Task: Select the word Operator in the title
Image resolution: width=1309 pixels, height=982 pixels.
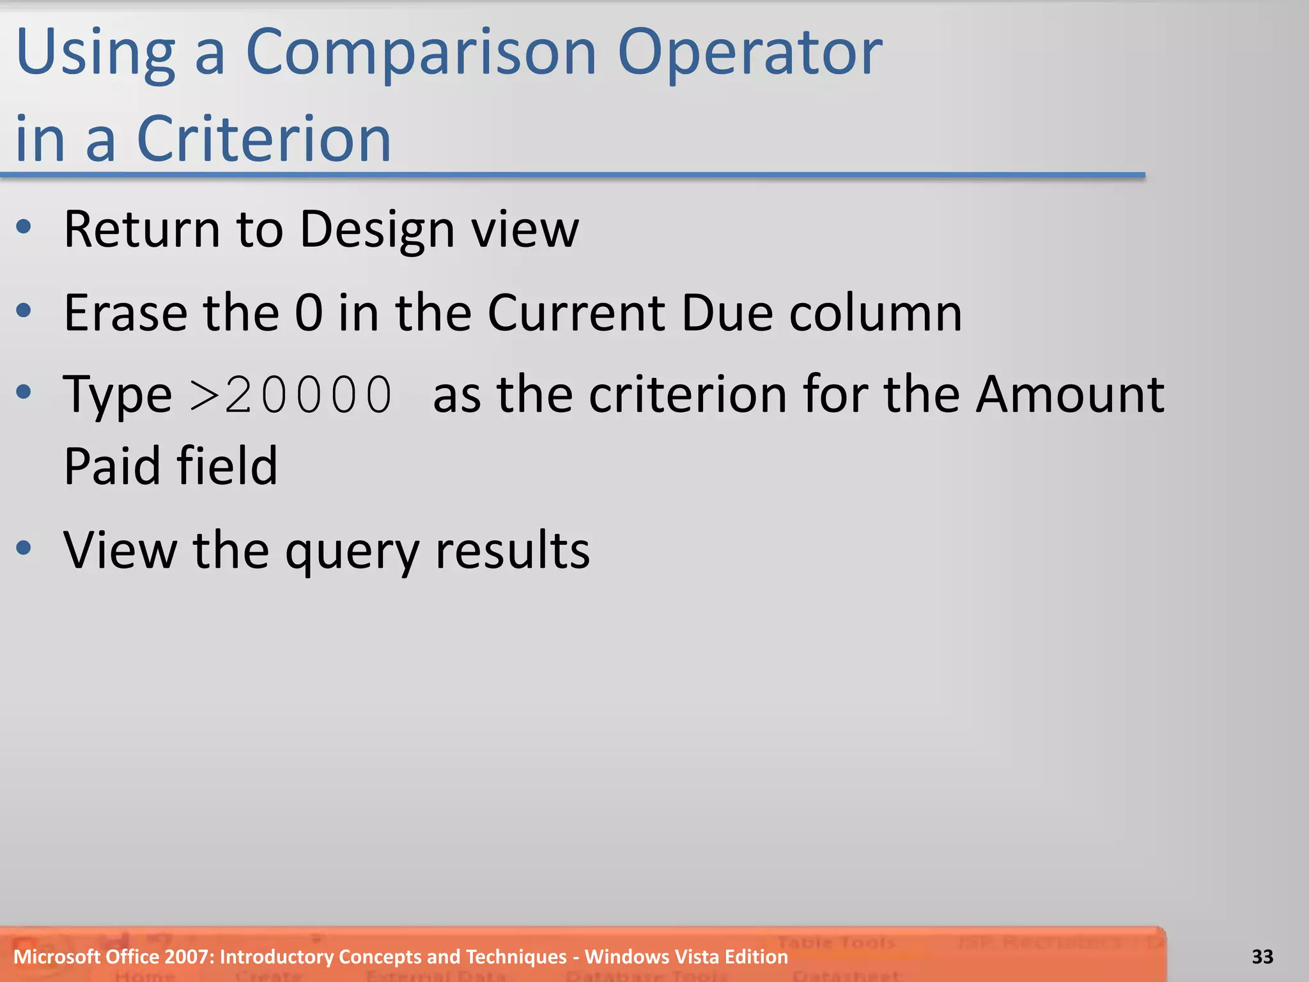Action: (x=750, y=54)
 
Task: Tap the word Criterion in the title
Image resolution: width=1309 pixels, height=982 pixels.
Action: (x=264, y=139)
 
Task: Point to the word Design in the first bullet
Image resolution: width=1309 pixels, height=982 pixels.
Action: (x=377, y=230)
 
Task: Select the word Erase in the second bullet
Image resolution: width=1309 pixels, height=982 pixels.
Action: (x=126, y=313)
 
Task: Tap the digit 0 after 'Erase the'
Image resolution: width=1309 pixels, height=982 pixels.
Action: (x=309, y=313)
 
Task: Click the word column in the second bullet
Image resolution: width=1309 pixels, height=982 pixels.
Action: (x=876, y=313)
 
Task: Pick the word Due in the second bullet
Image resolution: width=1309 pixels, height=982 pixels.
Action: (x=727, y=313)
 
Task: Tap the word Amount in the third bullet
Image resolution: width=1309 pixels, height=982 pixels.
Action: (x=1071, y=395)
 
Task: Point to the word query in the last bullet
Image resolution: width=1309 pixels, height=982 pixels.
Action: (x=352, y=551)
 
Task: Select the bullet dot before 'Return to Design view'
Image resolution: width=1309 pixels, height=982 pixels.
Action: (x=24, y=226)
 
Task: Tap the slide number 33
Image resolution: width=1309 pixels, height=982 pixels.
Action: (x=1262, y=956)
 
